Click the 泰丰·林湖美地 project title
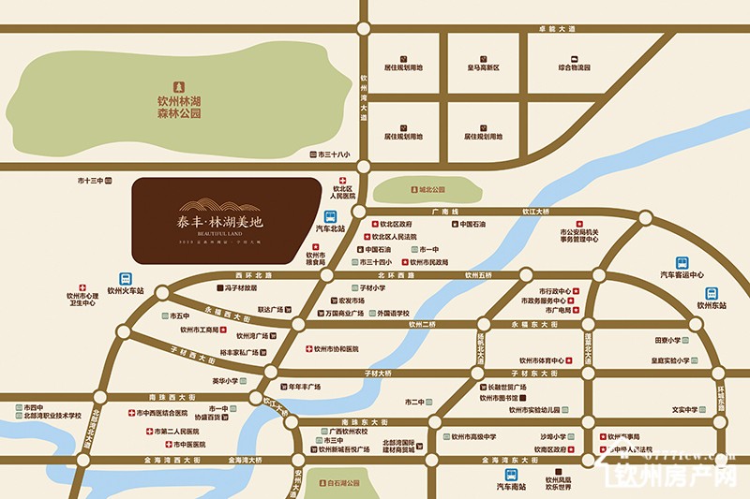tap(222, 222)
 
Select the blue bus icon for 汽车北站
tap(329, 216)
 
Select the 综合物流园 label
tap(574, 67)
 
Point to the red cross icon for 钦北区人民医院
tap(343, 181)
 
